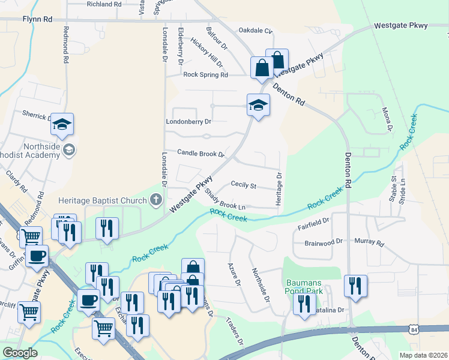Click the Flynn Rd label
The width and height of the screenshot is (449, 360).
38,19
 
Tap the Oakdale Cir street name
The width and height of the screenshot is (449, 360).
256,30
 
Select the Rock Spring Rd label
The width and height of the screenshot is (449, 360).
206,75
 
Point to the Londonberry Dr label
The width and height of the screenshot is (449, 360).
188,121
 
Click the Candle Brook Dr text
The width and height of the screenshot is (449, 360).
200,154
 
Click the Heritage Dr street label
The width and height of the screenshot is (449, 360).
279,190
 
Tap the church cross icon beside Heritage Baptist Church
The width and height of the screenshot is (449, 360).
156,200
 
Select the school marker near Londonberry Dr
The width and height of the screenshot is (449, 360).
258,106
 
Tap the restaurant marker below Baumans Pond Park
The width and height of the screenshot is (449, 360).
304,304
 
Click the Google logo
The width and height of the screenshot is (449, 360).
20,353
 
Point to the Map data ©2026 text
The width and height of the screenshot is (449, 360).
423,355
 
